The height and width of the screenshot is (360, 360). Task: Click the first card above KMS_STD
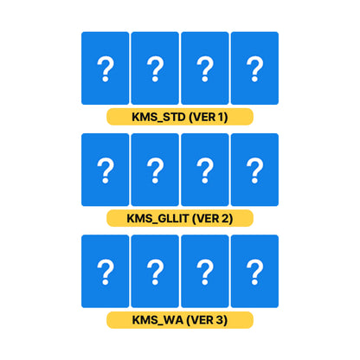click(x=106, y=68)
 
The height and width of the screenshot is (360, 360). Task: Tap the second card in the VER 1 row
click(x=155, y=68)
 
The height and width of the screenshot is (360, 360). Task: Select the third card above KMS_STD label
click(x=205, y=68)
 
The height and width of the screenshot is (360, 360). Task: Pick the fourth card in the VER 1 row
click(x=254, y=68)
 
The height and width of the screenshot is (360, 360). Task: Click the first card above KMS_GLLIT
click(x=106, y=170)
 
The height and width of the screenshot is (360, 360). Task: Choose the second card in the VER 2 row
click(x=155, y=170)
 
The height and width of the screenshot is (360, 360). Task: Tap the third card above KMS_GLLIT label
click(x=205, y=170)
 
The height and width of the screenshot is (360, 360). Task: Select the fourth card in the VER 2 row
click(x=254, y=170)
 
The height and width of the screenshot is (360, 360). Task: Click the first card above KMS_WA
click(x=106, y=271)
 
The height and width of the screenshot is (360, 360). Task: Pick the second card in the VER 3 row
click(x=155, y=271)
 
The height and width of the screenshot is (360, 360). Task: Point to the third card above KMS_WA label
click(x=205, y=271)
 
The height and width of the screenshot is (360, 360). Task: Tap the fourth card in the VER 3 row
click(x=254, y=271)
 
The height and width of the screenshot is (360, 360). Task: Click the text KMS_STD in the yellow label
click(x=158, y=118)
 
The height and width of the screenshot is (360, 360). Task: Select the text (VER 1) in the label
click(x=209, y=117)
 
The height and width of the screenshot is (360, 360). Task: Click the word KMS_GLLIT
click(x=157, y=219)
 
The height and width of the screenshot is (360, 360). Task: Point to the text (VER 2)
click(x=213, y=219)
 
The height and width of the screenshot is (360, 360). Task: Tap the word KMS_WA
click(x=157, y=320)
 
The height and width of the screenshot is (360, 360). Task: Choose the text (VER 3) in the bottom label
click(x=207, y=320)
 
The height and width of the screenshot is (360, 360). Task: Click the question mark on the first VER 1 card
click(x=106, y=69)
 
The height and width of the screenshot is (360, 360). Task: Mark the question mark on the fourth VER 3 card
click(x=254, y=272)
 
